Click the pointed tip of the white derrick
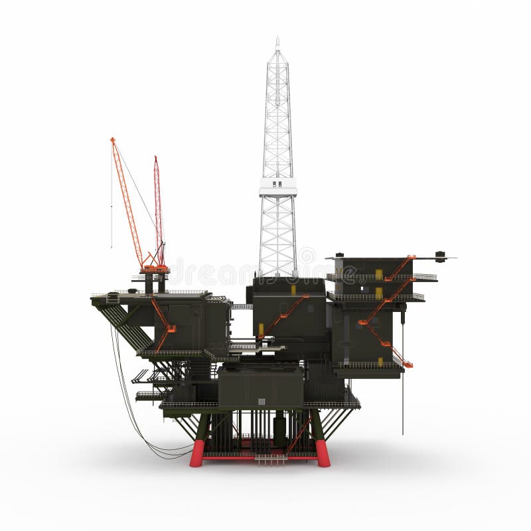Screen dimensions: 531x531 pyautogui.click(x=277, y=40)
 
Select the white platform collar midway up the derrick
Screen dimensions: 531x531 pyautogui.click(x=277, y=187)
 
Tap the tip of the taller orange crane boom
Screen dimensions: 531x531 pyautogui.click(x=112, y=140)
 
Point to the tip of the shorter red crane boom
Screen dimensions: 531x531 pyautogui.click(x=156, y=159)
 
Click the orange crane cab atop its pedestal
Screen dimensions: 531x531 pyautogui.click(x=155, y=268)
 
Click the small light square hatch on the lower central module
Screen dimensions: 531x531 pyautogui.click(x=262, y=401)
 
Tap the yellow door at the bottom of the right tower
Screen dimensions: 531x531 pyautogui.click(x=380, y=362)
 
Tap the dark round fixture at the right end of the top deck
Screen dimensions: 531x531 pyautogui.click(x=440, y=256)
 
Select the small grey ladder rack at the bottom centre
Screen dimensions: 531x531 pyautogui.click(x=270, y=459)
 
